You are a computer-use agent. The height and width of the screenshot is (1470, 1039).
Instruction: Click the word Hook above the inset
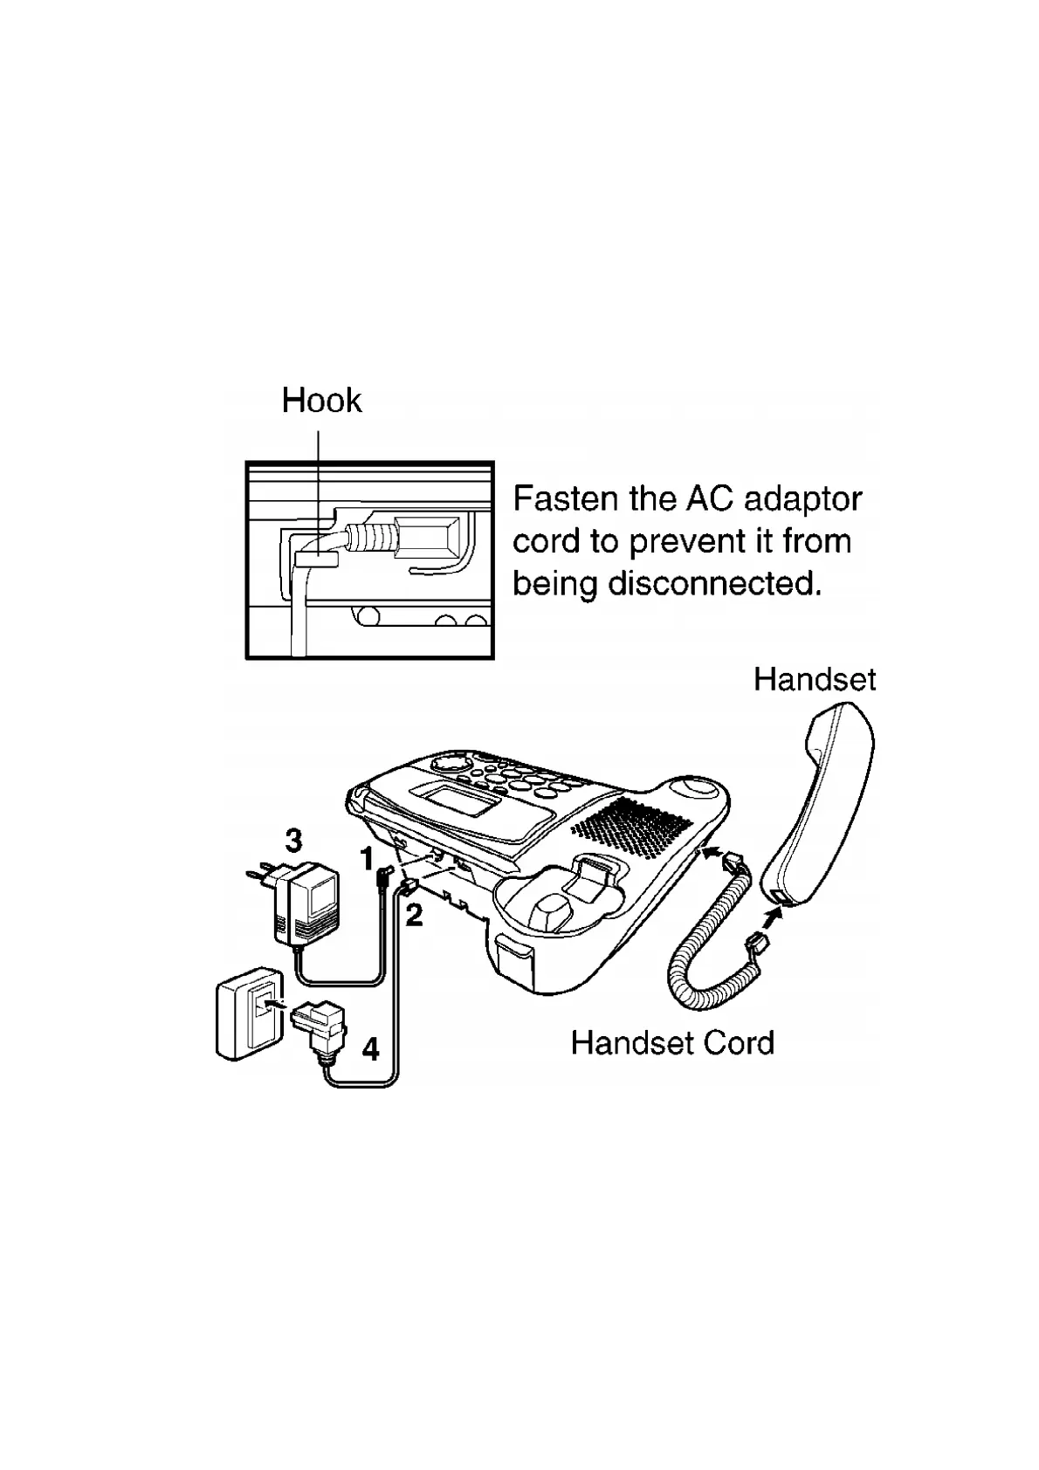320,401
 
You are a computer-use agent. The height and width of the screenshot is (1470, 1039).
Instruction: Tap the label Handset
814,679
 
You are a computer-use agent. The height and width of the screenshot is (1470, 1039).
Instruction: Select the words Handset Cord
672,1043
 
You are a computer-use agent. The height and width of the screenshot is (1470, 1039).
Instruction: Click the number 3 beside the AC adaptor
294,841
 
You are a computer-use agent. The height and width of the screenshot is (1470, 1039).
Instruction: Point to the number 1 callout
368,859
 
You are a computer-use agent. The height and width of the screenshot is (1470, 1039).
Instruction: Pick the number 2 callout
414,915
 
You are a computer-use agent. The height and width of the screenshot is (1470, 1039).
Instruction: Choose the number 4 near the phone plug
371,1048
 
